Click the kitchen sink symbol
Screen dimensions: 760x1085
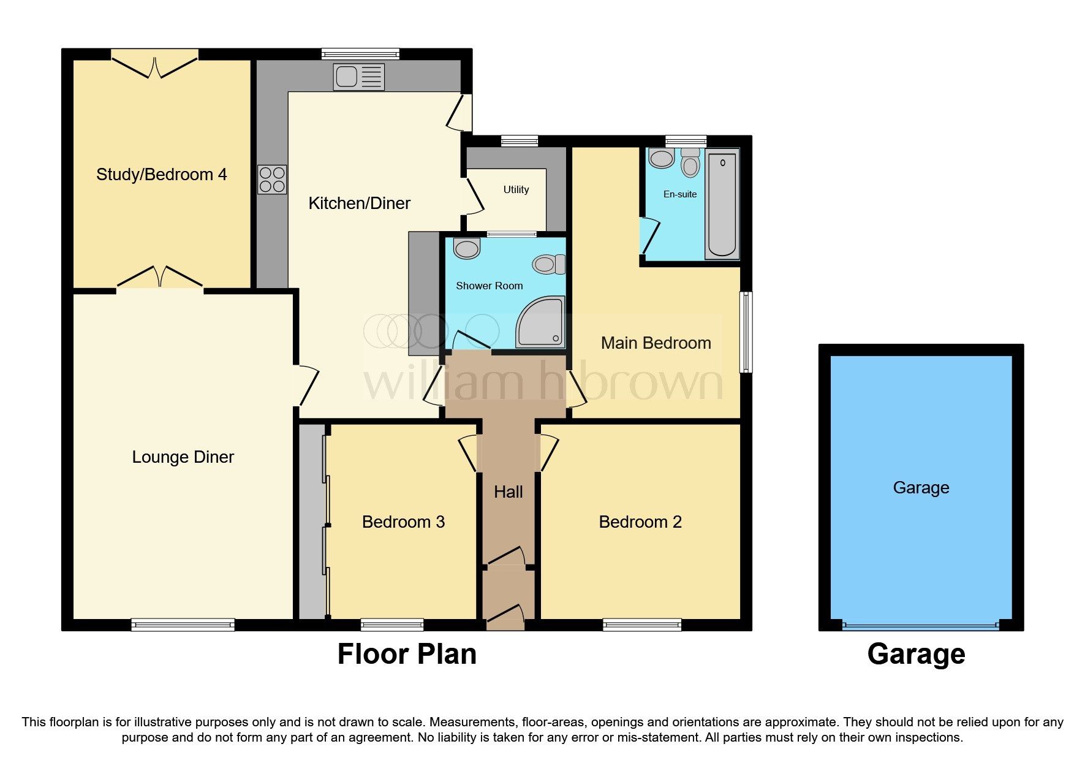click(359, 77)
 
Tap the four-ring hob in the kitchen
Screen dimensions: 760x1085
click(272, 180)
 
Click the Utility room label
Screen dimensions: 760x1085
click(516, 190)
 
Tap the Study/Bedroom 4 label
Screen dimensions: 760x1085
click(161, 175)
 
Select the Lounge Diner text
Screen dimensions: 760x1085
click(183, 457)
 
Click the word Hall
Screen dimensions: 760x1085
click(508, 492)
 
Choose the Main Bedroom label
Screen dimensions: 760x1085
click(656, 343)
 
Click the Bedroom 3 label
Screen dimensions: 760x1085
click(403, 522)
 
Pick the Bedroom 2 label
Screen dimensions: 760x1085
click(640, 522)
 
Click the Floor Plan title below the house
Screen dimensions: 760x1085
click(407, 654)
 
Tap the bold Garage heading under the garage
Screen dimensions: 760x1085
click(916, 654)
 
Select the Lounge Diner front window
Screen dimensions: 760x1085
click(183, 625)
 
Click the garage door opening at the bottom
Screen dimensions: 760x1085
click(920, 626)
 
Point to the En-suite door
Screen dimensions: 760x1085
click(649, 237)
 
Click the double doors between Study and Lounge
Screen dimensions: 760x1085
click(160, 278)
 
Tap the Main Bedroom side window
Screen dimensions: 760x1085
click(746, 332)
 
